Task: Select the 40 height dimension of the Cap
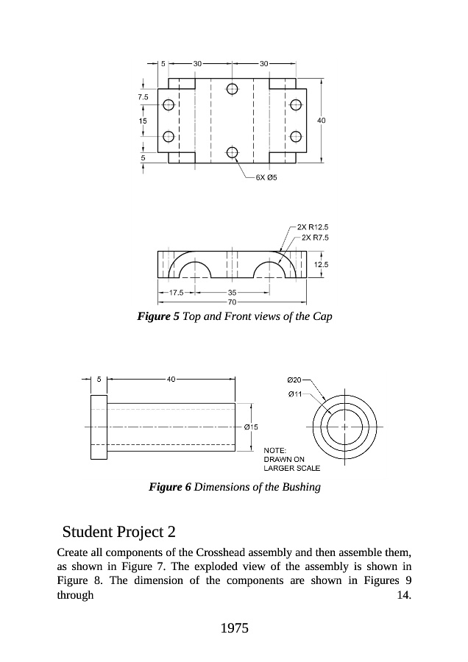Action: [x=322, y=119]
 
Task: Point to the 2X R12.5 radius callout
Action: [x=313, y=227]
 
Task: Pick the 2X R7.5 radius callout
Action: [x=314, y=238]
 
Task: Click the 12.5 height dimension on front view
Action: [x=321, y=263]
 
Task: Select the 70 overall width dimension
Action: [x=232, y=302]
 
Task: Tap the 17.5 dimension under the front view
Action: [x=176, y=292]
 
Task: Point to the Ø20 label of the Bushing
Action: [x=294, y=380]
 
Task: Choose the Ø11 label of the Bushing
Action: [x=294, y=394]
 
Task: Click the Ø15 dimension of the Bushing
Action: [x=250, y=427]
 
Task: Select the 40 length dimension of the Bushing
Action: [x=171, y=380]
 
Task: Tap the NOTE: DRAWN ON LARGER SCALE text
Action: [x=289, y=459]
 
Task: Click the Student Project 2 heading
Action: [x=119, y=531]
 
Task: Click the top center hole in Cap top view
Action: [x=233, y=89]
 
